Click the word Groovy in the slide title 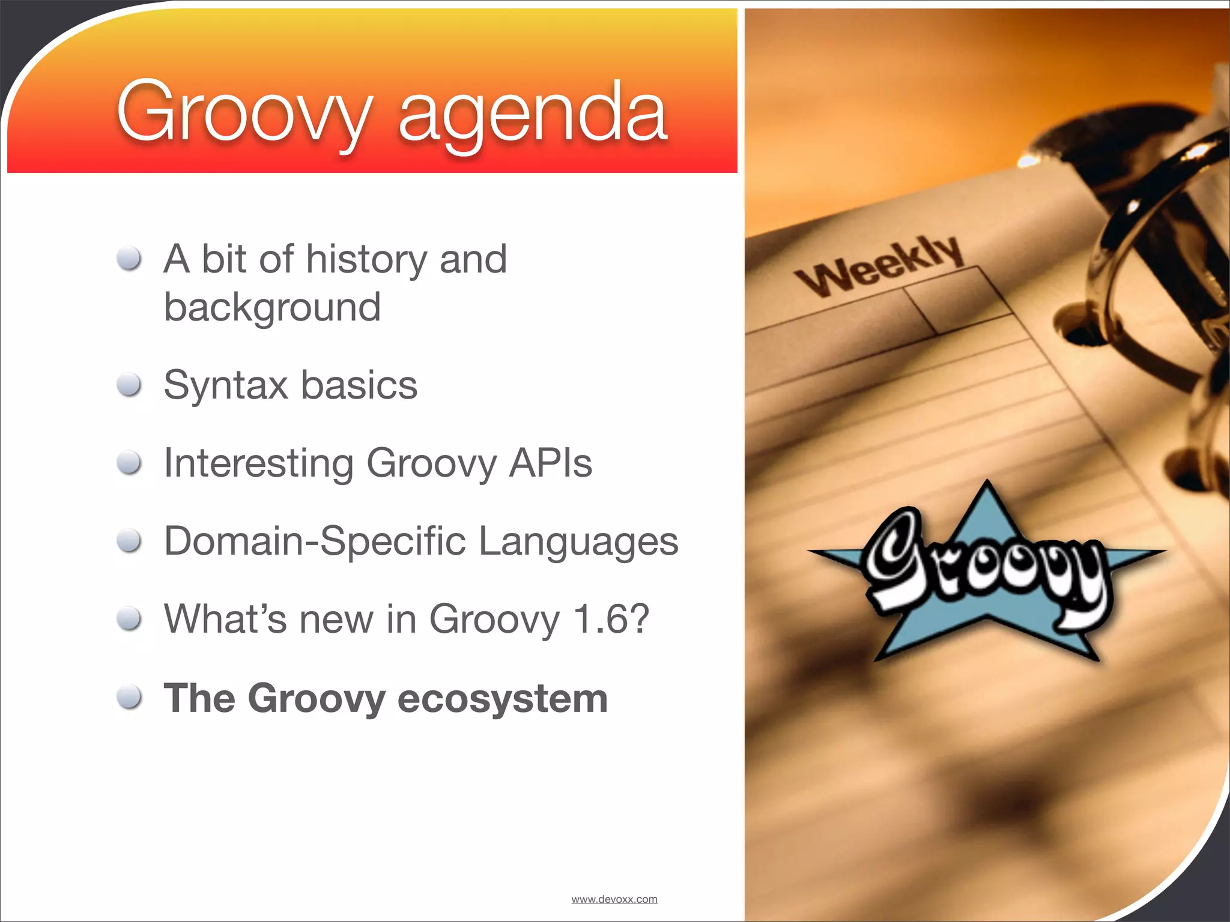[243, 114]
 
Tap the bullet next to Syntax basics [129, 385]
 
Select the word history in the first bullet [366, 259]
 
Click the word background [272, 307]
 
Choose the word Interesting [259, 463]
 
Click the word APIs [550, 463]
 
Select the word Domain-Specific [315, 541]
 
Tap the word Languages [578, 541]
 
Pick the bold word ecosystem [503, 698]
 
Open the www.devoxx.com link [614, 899]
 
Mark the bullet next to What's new [129, 619]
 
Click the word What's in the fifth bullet [225, 619]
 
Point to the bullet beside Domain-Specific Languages [129, 541]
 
